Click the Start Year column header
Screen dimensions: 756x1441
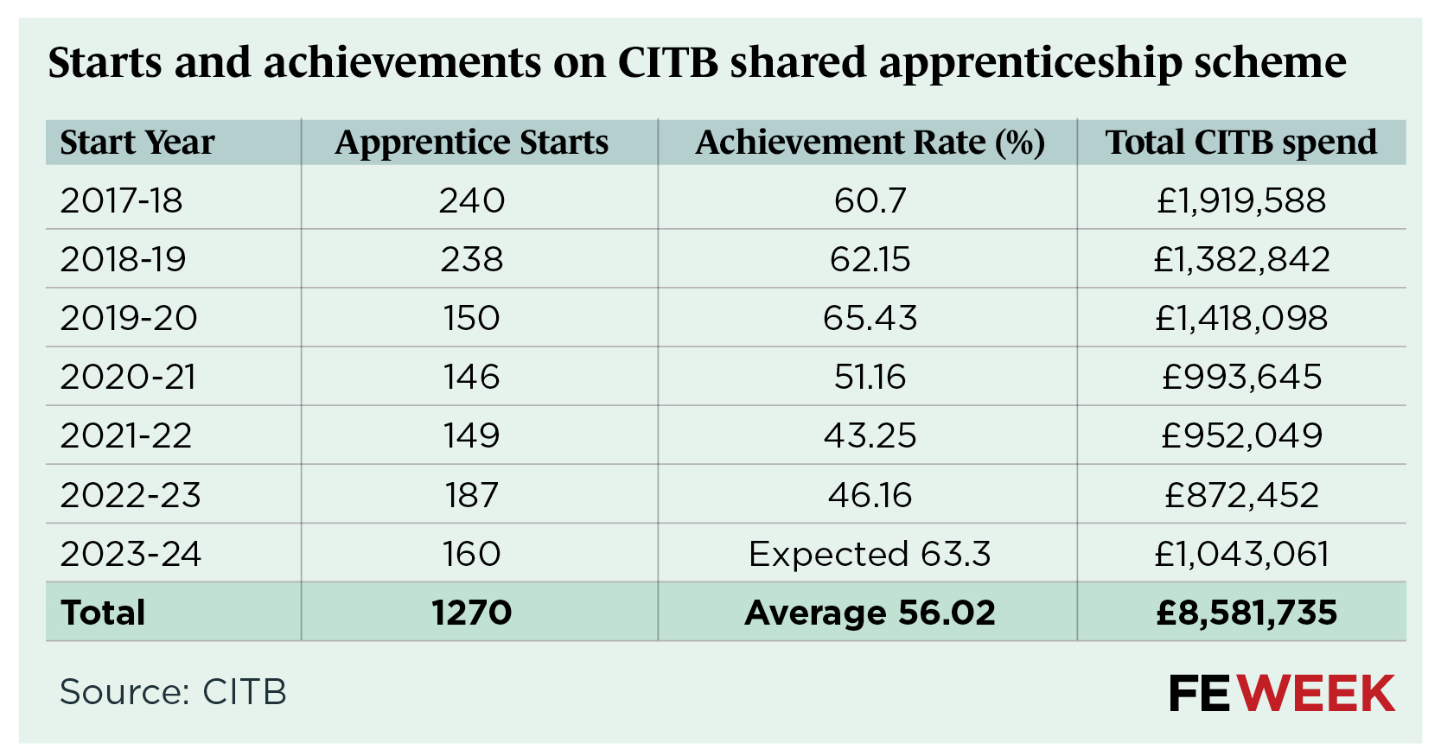tap(137, 143)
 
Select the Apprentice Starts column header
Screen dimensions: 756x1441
tap(472, 143)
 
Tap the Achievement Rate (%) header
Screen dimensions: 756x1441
tap(870, 143)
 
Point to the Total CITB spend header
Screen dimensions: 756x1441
tap(1241, 143)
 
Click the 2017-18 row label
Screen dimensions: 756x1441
tap(122, 200)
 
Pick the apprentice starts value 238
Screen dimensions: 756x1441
tap(472, 259)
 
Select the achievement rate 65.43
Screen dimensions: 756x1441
tap(870, 318)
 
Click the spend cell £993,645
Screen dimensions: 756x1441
tap(1241, 377)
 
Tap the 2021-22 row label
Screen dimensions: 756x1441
tap(126, 435)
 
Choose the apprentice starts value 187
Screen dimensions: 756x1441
tap(472, 495)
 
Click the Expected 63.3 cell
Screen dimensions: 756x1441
tap(870, 554)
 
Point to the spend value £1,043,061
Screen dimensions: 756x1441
tap(1241, 554)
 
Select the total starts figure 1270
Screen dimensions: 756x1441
tap(472, 613)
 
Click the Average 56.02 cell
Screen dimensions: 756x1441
tap(870, 613)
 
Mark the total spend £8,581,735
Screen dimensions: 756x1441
tap(1247, 613)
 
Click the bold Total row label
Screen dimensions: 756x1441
tap(104, 613)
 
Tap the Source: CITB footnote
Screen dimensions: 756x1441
tap(173, 692)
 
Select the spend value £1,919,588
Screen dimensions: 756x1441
tap(1241, 200)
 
